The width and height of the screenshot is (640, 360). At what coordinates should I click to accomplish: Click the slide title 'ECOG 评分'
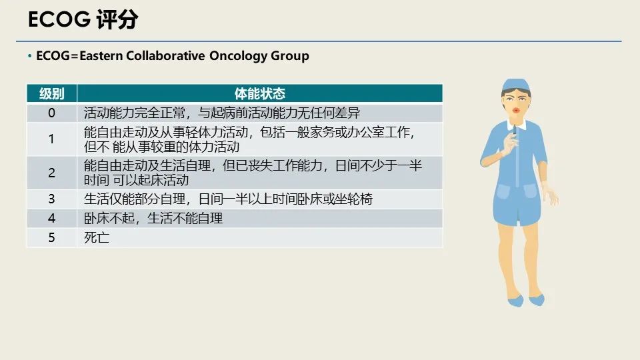[83, 19]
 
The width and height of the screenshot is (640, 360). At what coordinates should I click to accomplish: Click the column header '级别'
[52, 93]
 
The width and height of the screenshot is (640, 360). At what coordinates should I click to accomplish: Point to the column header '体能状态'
[259, 93]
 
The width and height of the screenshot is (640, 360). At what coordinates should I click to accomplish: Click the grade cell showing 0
[51, 113]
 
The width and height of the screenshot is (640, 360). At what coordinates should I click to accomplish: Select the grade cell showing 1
[51, 139]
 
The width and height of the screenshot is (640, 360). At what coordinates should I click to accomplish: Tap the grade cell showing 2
[51, 173]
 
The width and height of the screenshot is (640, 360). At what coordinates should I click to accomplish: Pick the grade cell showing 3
[51, 199]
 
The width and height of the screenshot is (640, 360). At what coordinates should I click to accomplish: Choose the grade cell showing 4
[51, 218]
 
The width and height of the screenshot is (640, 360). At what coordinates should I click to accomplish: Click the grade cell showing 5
[51, 237]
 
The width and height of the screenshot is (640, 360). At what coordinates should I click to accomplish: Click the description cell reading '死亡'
[97, 237]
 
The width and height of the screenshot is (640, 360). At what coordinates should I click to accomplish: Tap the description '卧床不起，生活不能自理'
[153, 218]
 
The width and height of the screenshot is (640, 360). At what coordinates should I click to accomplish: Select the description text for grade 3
[228, 199]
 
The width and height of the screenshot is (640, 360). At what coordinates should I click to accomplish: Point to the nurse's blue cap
[516, 87]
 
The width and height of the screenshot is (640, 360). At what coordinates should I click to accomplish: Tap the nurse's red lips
[516, 110]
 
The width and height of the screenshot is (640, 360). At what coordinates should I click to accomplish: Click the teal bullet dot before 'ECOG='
[30, 55]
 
